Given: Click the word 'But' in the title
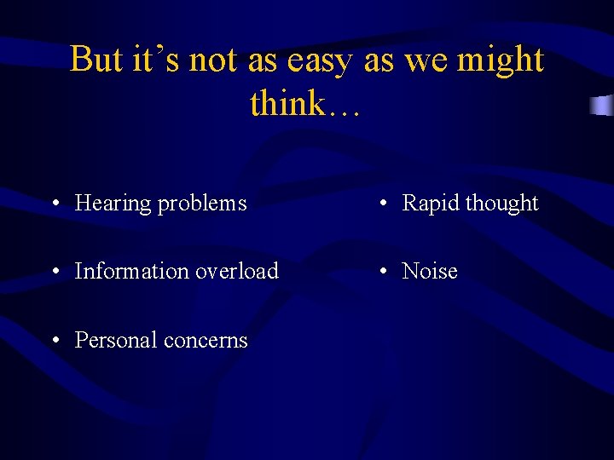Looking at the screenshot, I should [96, 60].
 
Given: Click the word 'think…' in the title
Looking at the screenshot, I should [306, 104].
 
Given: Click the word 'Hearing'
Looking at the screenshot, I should [113, 204].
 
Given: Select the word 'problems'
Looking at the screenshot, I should [202, 204].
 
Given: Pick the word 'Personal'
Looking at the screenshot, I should [115, 340].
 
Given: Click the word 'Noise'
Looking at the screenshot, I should [430, 271].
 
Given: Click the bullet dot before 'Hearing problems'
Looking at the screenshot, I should [55, 204].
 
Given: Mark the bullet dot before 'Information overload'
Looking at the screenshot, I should [55, 272].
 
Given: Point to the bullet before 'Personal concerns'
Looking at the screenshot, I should [55, 341].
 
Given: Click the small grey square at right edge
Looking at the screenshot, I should [603, 106].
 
